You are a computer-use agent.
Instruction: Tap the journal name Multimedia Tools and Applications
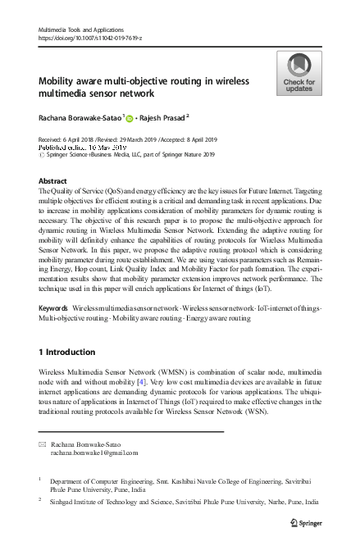click(84, 30)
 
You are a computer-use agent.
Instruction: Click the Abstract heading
click(52, 180)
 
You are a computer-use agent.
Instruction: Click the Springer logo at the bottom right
click(302, 521)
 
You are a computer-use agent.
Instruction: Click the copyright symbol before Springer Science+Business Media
click(43, 153)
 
